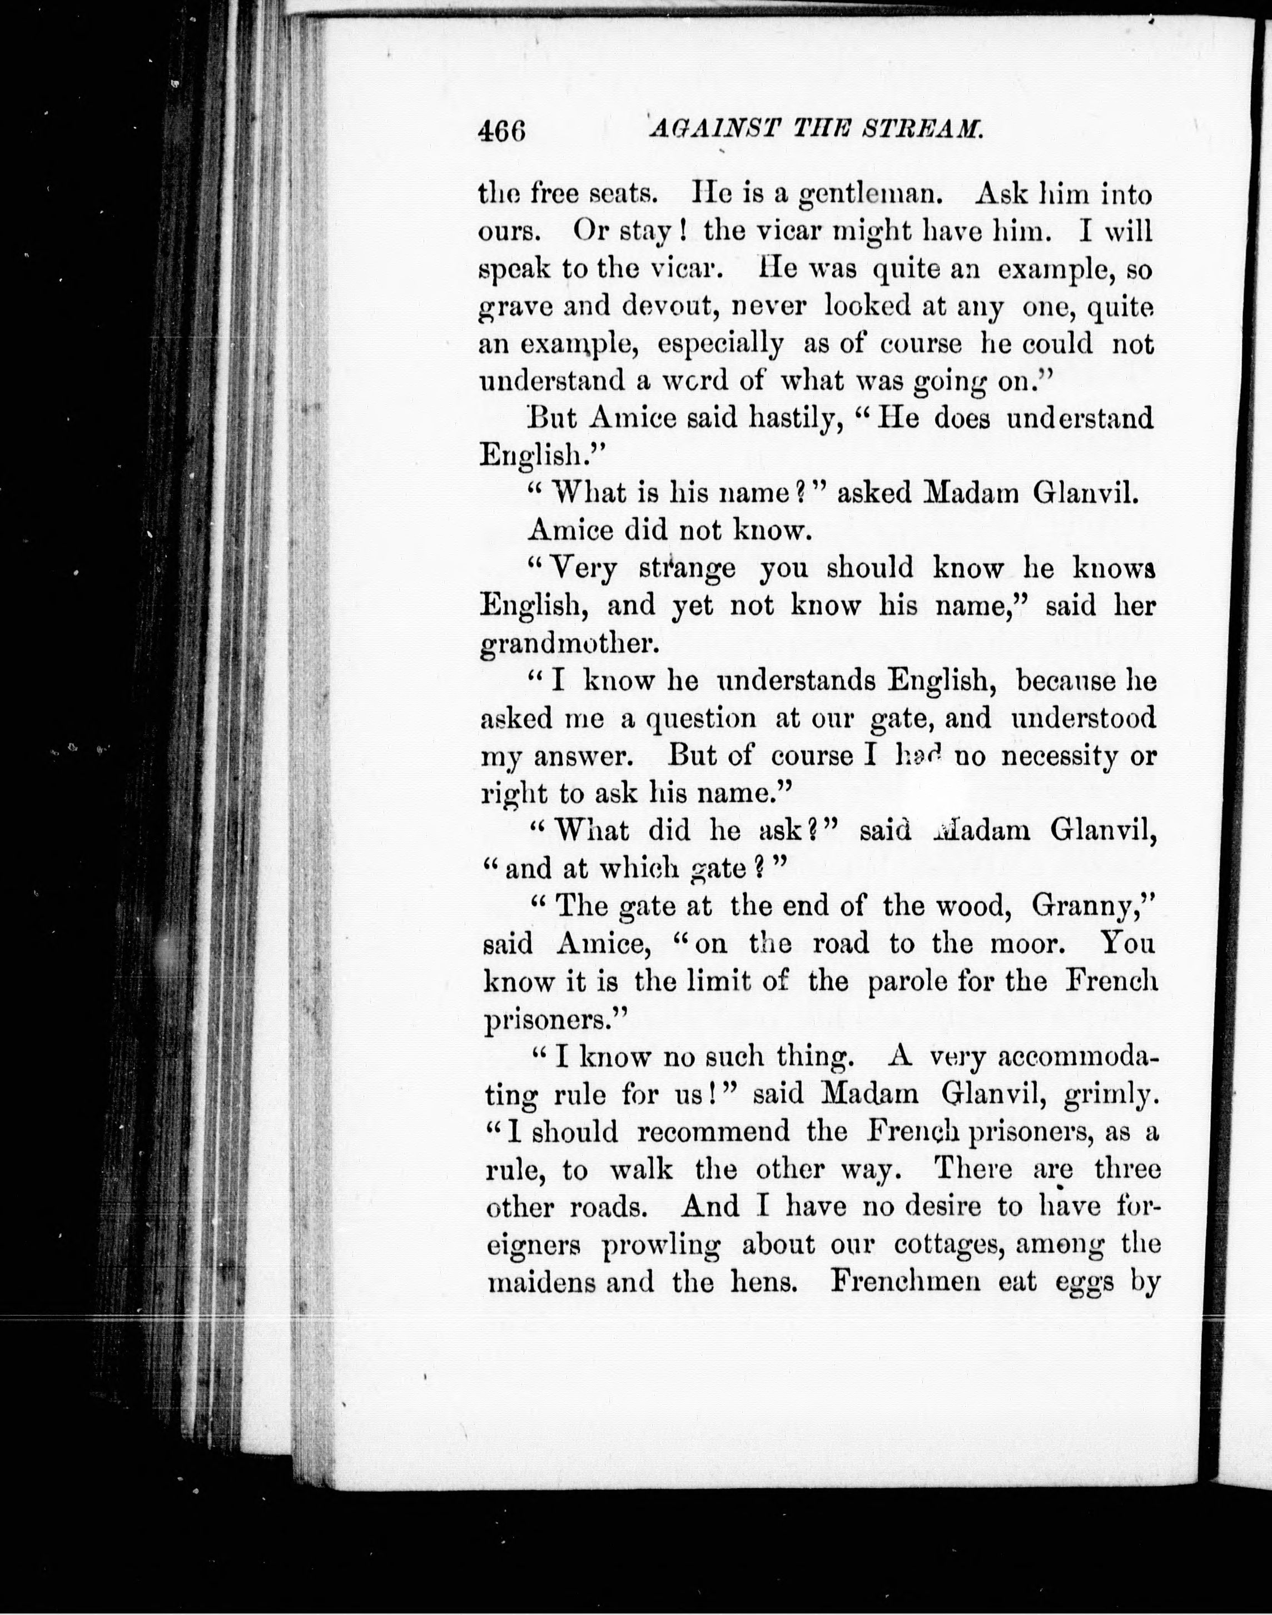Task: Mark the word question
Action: [x=701, y=719]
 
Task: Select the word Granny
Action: [x=1090, y=906]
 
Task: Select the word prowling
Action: [x=660, y=1246]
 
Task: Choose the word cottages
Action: [x=946, y=1246]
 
